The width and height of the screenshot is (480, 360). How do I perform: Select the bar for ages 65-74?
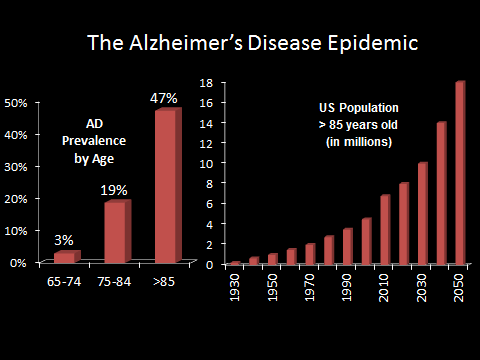[64, 257]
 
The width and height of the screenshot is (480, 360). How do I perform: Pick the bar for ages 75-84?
[115, 231]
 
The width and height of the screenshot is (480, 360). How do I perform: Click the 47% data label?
[164, 98]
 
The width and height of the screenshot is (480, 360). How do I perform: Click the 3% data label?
[64, 239]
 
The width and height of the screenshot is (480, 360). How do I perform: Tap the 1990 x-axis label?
[347, 285]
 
